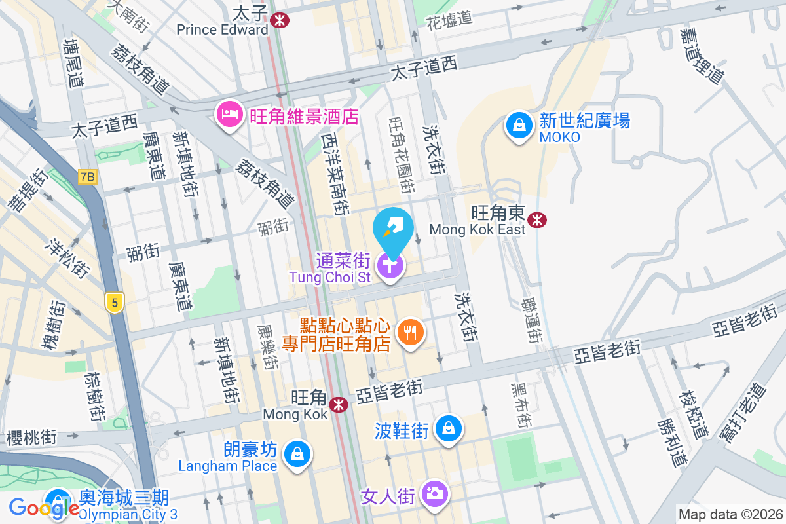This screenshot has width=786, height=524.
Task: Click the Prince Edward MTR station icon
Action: pos(279,20)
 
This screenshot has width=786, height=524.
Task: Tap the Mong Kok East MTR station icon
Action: pos(536,220)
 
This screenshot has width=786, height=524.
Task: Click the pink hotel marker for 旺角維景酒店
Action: pos(229,116)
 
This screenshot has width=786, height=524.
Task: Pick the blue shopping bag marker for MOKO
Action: pos(519,125)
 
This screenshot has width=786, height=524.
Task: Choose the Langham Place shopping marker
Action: pos(297,453)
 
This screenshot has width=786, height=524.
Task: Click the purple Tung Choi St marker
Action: pos(391,266)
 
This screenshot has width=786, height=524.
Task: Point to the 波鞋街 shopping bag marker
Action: pos(449,429)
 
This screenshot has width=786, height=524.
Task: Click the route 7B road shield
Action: pos(86,177)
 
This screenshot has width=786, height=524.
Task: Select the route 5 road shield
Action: pos(115,302)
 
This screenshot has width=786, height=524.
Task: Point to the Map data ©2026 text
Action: pos(730,515)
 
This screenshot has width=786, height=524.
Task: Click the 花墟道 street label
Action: pos(449,18)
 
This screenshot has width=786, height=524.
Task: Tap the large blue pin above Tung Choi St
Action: pos(392,230)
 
